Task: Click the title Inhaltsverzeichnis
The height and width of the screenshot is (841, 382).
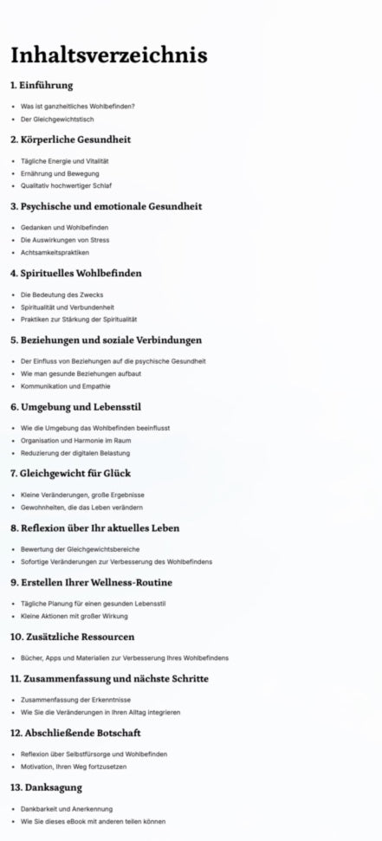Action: coord(108,55)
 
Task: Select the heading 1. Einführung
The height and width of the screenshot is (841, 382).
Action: coord(42,85)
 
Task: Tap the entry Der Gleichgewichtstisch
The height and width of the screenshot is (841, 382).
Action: coord(57,119)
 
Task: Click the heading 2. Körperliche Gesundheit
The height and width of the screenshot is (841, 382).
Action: coord(70,139)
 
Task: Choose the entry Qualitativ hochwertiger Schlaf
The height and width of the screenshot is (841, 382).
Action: coord(66,185)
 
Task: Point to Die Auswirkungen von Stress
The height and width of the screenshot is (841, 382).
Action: coord(65,240)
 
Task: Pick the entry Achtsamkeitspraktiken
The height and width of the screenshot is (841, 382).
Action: coord(55,252)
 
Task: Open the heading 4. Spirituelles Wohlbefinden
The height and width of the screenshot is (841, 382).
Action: coord(75,273)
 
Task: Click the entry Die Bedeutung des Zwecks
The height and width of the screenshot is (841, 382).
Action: coord(62,294)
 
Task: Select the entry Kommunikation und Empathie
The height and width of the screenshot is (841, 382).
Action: coord(67,385)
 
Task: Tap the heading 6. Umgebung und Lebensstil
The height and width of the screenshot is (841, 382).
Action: coord(75,406)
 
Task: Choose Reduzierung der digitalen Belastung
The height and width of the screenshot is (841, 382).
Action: coord(75,453)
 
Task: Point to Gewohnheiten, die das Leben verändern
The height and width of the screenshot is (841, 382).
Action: coord(81,507)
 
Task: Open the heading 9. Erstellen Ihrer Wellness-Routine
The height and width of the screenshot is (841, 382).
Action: coord(91,582)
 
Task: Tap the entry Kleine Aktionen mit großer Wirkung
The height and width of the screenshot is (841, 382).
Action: coord(74,616)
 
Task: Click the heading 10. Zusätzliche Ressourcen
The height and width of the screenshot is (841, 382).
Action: coord(72,636)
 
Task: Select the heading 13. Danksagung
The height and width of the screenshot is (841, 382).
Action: coord(46,787)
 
